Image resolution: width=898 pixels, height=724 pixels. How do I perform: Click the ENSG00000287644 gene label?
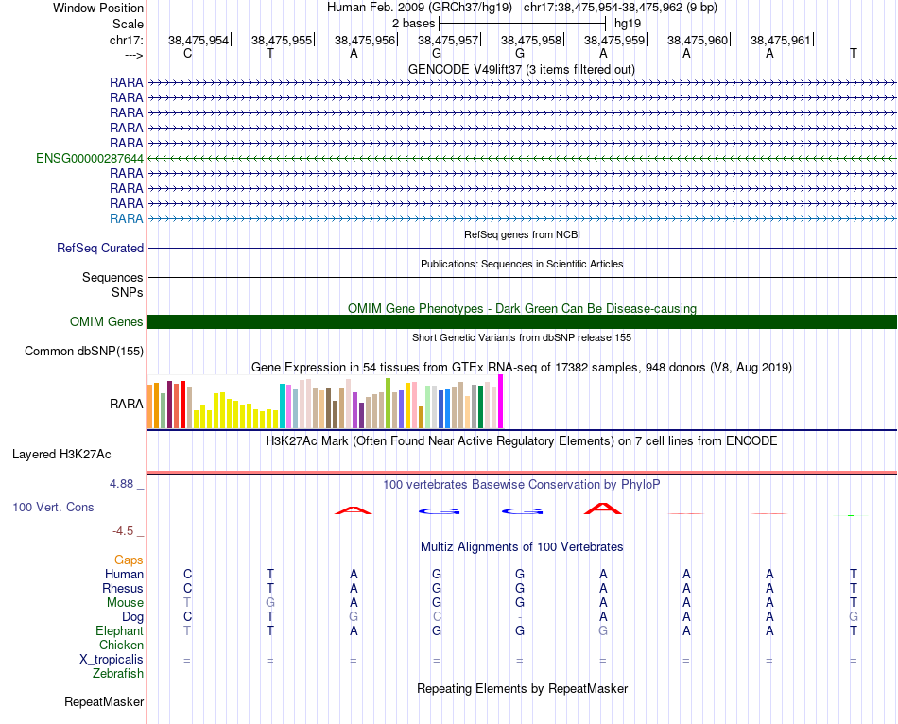90,158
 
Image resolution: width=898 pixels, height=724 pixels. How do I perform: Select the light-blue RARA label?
127,218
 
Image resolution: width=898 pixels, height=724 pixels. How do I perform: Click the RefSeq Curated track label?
100,248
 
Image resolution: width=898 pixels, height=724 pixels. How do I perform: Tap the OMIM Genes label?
107,321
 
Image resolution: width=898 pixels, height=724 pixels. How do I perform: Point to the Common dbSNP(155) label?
84,352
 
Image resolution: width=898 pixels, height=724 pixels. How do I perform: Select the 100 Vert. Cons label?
53,507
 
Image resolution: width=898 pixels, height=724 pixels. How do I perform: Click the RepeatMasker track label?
104,702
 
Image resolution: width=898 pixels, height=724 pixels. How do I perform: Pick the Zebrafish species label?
118,674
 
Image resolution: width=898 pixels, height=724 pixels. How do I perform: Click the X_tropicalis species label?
112,660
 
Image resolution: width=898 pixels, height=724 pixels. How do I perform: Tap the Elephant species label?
119,630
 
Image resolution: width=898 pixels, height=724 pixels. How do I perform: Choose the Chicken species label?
121,645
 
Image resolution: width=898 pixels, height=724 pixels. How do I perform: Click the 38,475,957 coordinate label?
449,40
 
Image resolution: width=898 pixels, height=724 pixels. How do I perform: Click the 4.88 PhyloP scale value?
127,483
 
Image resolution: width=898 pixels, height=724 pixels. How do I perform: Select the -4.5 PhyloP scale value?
129,531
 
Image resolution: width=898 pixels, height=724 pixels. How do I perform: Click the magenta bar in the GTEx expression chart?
501,402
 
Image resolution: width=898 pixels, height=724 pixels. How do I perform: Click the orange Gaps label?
129,560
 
